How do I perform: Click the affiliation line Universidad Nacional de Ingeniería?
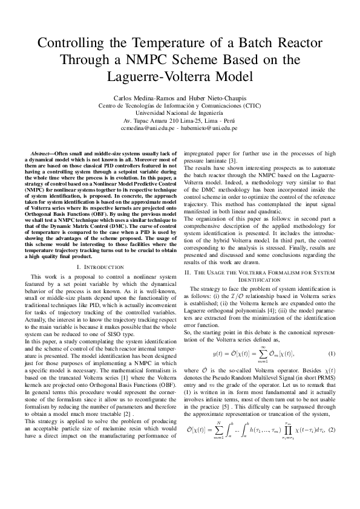[x=179, y=113]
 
